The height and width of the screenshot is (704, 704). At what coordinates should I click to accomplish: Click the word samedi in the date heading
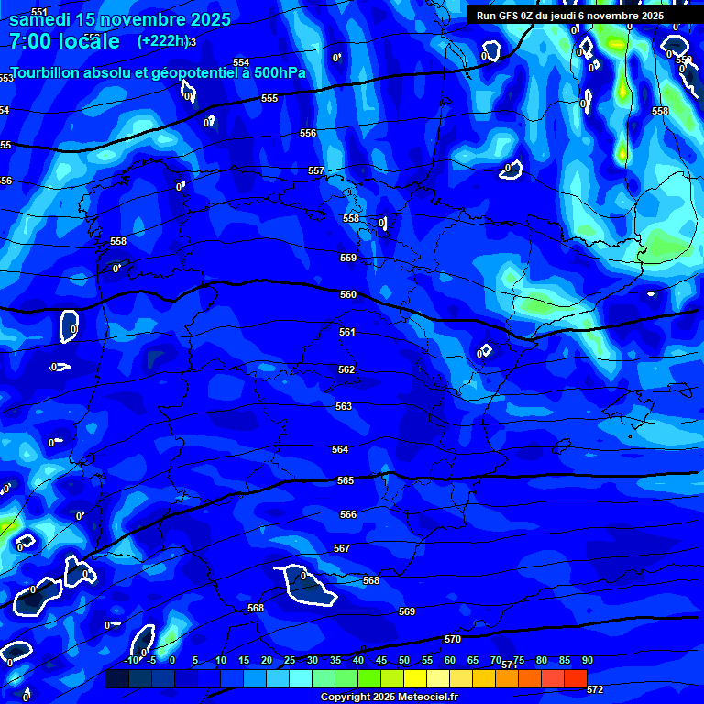tap(41, 19)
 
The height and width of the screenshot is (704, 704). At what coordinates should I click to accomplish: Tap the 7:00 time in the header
tap(29, 41)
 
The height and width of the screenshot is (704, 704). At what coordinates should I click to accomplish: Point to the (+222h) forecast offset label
tap(163, 41)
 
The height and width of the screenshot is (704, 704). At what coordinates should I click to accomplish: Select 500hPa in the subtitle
tap(279, 72)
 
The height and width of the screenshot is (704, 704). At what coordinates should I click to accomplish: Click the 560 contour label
tap(348, 295)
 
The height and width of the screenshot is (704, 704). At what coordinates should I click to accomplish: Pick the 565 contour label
tap(346, 480)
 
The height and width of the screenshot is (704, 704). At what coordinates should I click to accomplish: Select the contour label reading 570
tap(453, 639)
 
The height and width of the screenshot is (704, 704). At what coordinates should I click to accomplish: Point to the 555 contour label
tap(269, 98)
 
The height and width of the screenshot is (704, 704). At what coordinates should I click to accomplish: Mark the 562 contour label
tap(346, 369)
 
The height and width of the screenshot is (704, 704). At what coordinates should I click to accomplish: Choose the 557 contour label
tap(316, 171)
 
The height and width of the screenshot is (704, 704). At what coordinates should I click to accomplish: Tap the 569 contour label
tap(407, 611)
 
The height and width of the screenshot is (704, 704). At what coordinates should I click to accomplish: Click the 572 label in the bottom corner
tap(595, 689)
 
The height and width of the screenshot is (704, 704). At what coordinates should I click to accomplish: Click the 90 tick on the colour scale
tap(588, 660)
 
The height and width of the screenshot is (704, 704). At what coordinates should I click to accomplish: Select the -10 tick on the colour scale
tap(132, 660)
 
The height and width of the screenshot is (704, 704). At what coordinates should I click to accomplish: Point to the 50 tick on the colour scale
tap(404, 660)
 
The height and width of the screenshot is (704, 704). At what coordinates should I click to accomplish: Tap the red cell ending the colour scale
tap(576, 678)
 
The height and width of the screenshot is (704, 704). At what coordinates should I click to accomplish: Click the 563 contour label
tap(344, 406)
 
